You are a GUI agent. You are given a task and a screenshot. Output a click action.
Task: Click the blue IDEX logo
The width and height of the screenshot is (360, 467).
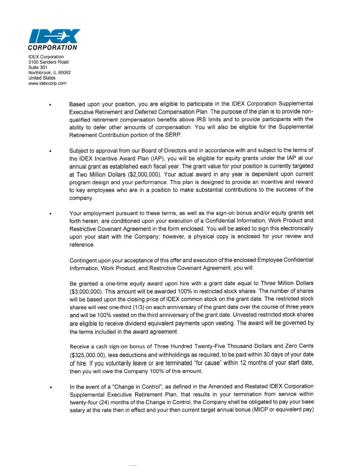pyautogui.click(x=54, y=36)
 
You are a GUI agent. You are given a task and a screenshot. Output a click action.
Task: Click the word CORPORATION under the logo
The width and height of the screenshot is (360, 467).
pyautogui.click(x=53, y=48)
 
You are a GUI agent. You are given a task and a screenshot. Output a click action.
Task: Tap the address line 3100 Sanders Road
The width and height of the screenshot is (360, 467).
pyautogui.click(x=48, y=62)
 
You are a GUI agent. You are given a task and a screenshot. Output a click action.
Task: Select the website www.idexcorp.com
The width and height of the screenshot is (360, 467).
pyautogui.click(x=47, y=83)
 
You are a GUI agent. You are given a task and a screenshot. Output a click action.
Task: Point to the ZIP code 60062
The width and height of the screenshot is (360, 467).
pyautogui.click(x=64, y=73)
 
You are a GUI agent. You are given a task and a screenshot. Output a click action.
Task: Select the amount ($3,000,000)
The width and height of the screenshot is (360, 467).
pyautogui.click(x=86, y=291)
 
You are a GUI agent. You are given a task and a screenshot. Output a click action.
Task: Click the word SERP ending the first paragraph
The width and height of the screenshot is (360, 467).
pyautogui.click(x=174, y=135)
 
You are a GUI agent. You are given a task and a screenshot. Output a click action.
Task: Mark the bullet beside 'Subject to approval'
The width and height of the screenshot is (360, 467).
pyautogui.click(x=50, y=151)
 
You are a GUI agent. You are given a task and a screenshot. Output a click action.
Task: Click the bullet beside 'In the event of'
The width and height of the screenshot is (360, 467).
pyautogui.click(x=50, y=388)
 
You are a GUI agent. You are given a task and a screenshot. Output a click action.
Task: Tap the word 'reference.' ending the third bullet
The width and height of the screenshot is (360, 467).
pyautogui.click(x=82, y=245)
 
